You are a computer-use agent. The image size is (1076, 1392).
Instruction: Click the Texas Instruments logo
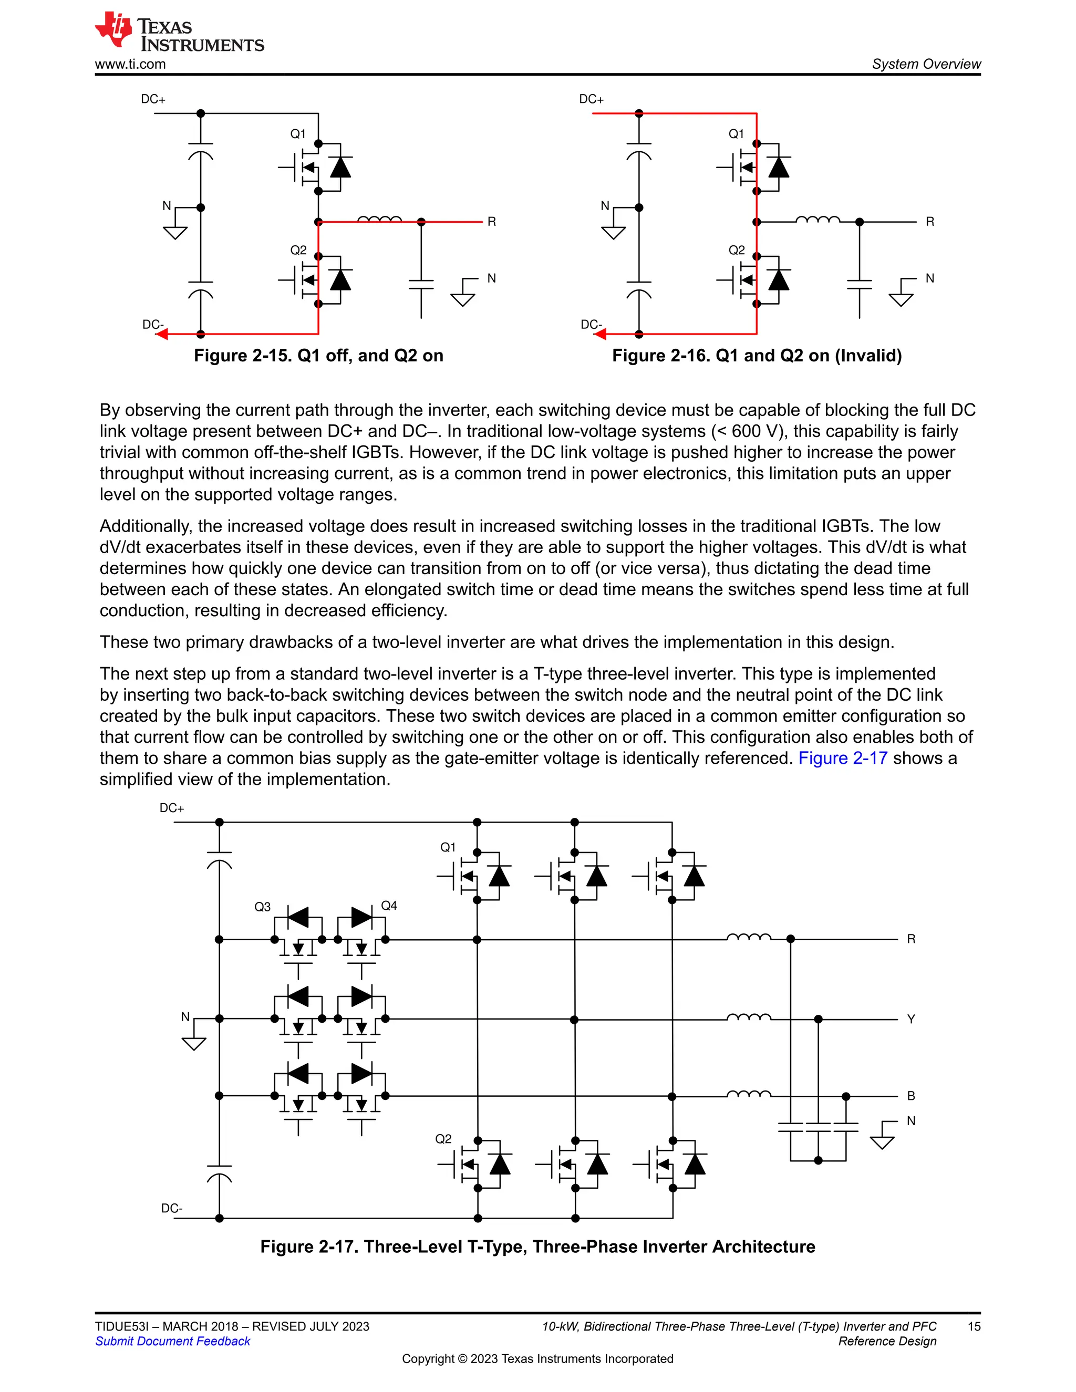(x=179, y=32)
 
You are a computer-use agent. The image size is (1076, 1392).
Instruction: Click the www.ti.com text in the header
(x=130, y=65)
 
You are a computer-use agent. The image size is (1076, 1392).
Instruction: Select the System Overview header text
(x=926, y=65)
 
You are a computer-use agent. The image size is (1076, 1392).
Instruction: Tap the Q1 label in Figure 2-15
(x=298, y=134)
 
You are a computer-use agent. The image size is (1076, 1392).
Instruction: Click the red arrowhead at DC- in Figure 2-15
(x=162, y=334)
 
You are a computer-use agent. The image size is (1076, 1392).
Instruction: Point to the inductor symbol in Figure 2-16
(x=818, y=220)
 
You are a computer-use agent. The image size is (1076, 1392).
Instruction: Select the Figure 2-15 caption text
(x=318, y=356)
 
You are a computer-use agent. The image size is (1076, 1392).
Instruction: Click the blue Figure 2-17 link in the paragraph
(x=842, y=758)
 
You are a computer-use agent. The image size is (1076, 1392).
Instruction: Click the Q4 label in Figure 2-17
(x=389, y=906)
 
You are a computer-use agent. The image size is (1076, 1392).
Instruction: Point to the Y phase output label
(x=911, y=1019)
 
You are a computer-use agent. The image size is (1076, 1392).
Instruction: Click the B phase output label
(x=911, y=1096)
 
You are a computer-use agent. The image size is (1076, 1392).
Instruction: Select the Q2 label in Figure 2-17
(x=443, y=1139)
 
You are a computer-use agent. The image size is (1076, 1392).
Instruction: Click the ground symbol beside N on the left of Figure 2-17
(x=194, y=1043)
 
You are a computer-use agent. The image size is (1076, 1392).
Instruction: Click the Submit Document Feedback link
(x=173, y=1341)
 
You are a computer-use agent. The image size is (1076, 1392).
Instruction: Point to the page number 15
(x=974, y=1326)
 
